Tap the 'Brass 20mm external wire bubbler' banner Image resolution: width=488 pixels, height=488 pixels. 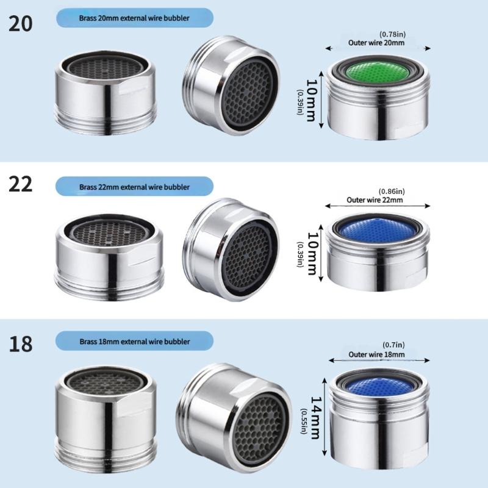[134, 18]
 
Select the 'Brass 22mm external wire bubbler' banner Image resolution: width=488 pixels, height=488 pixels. [134, 187]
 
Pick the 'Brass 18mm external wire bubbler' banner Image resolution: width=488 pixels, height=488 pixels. [134, 341]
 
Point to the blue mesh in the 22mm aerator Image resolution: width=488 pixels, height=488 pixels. [377, 230]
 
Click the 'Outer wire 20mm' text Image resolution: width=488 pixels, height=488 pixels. [376, 43]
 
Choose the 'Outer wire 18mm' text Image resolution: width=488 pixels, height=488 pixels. [376, 354]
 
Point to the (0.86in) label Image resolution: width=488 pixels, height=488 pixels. [391, 191]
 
